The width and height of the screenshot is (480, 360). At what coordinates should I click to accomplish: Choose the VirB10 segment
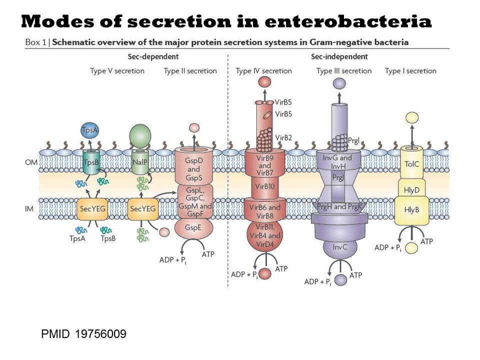[265, 187]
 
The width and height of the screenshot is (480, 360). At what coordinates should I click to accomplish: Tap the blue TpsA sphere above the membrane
[89, 130]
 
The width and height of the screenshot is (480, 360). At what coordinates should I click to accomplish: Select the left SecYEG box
[91, 209]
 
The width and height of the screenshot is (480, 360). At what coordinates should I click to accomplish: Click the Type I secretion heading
[410, 71]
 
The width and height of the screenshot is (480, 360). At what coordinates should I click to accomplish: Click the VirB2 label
[283, 137]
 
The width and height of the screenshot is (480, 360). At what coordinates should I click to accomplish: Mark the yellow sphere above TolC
[412, 118]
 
